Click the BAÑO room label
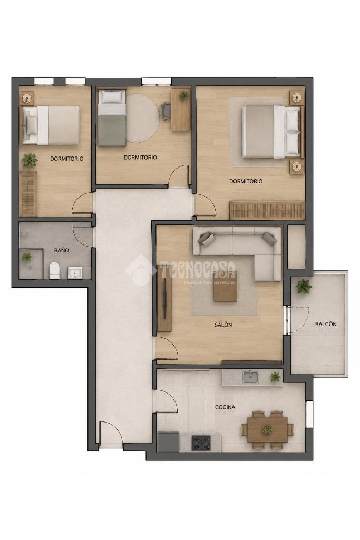(61, 250)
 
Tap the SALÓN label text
(223, 325)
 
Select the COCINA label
(225, 407)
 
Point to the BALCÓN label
(326, 324)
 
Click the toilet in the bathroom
(54, 271)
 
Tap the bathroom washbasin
(75, 273)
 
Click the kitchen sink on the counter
(250, 377)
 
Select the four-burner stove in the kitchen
(201, 443)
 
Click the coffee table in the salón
(225, 286)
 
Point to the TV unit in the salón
(166, 303)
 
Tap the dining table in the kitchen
(267, 429)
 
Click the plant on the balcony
(304, 286)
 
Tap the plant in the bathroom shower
(26, 257)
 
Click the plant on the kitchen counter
(275, 377)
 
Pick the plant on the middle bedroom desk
(183, 95)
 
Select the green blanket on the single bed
(112, 130)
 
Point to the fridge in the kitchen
(168, 442)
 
